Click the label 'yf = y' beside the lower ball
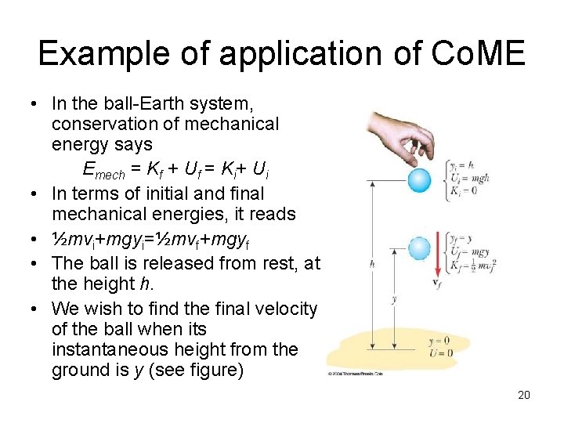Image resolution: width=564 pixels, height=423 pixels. click(459, 237)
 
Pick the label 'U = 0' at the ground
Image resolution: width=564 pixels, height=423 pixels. click(440, 352)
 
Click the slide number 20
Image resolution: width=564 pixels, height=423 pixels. click(523, 395)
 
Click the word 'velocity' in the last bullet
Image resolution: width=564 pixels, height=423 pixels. click(283, 309)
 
